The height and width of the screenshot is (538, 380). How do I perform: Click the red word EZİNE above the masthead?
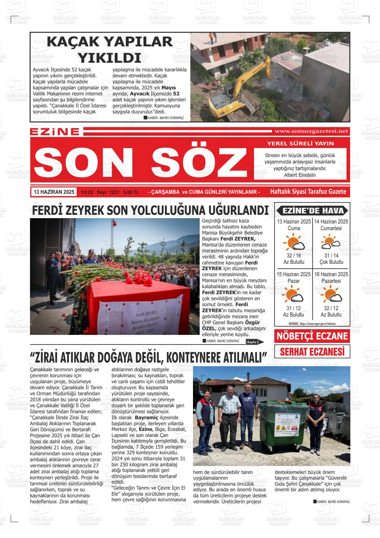pyautogui.click(x=55, y=132)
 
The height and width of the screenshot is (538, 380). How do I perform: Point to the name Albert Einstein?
pyautogui.click(x=300, y=175)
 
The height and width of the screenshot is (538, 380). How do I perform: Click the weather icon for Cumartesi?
pyautogui.click(x=331, y=242)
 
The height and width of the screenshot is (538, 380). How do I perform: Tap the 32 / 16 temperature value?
pyautogui.click(x=294, y=255)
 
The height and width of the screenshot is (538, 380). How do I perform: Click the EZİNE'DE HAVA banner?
pyautogui.click(x=312, y=210)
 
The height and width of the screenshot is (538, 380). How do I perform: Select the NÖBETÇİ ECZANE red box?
pyautogui.click(x=312, y=336)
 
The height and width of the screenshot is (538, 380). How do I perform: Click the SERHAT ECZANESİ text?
pyautogui.click(x=312, y=352)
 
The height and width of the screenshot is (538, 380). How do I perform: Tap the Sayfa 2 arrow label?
pyautogui.click(x=254, y=342)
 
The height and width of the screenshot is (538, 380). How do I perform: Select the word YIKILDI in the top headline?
pyautogui.click(x=109, y=58)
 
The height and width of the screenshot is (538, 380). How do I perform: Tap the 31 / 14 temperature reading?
pyautogui.click(x=331, y=255)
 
